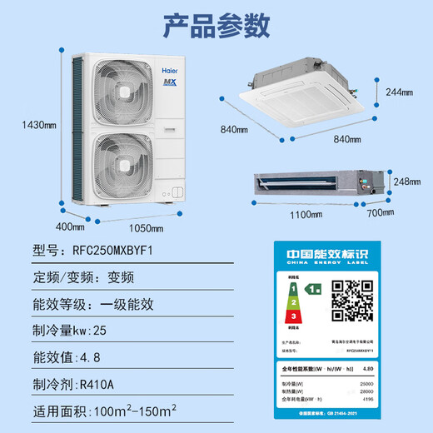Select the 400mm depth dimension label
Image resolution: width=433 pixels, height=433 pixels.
pyautogui.click(x=70, y=226)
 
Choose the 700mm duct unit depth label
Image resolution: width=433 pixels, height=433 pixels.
pyautogui.click(x=381, y=212)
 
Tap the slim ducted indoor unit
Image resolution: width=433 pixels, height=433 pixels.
pyautogui.click(x=312, y=182)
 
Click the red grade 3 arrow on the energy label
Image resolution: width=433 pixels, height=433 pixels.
pyautogui.click(x=292, y=316)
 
